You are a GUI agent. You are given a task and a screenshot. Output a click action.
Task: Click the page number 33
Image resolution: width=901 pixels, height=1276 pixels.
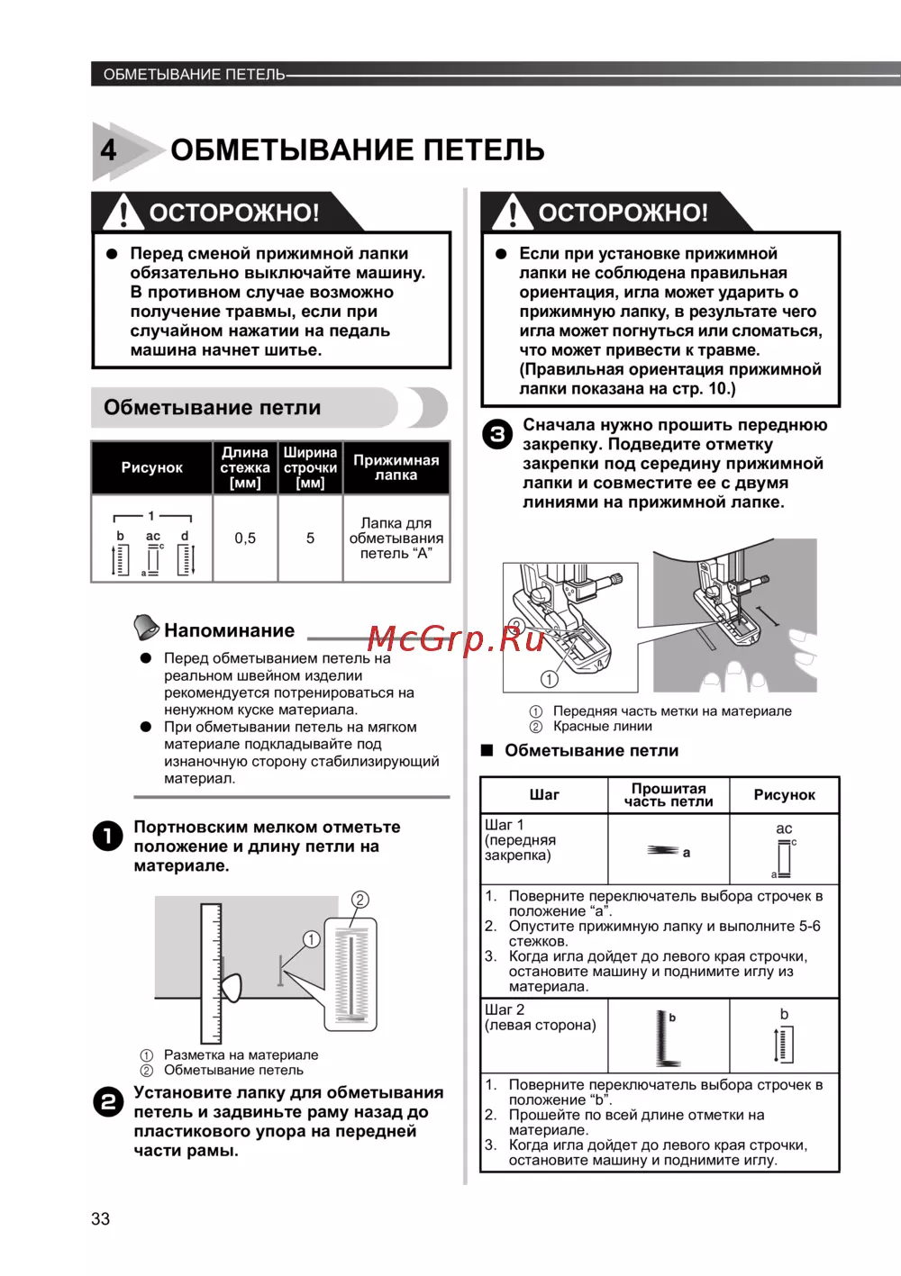pos(100,1218)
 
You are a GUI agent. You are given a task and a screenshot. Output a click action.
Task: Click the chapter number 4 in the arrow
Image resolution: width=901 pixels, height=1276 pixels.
pos(109,149)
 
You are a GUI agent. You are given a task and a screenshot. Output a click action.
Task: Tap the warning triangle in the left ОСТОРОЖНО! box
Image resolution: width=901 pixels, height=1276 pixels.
pos(123,213)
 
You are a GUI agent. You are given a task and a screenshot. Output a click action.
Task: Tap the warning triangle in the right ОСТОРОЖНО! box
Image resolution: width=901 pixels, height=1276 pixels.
pos(513,213)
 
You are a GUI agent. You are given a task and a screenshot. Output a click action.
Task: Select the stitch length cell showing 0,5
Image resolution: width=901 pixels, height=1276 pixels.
pos(245,538)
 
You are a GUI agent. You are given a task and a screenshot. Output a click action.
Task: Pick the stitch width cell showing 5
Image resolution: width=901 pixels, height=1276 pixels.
pos(310,538)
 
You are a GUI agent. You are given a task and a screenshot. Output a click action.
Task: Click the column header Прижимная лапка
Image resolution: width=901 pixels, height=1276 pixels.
pos(396,467)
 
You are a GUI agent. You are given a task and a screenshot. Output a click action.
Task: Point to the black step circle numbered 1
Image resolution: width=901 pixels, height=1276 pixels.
pos(108,837)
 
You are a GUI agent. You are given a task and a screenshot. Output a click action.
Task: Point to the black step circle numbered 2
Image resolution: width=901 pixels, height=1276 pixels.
pos(108,1102)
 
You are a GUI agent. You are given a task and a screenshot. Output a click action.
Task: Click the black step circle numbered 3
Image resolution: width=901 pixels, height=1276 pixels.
pos(497,435)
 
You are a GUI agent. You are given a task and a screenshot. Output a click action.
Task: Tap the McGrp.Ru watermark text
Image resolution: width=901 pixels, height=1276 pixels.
pos(456,638)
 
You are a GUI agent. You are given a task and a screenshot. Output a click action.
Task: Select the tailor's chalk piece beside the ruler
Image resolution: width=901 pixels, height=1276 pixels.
pos(232,988)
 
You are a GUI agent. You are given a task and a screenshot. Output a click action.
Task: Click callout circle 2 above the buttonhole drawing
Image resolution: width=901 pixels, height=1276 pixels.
pos(359,900)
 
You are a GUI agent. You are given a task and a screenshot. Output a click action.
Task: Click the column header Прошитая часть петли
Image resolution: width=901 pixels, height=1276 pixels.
pos(668,794)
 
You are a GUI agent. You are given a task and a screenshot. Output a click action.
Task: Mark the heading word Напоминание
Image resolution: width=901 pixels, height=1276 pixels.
pos(229,631)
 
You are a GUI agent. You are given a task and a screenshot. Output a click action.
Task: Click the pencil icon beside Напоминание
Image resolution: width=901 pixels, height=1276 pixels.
pos(145,627)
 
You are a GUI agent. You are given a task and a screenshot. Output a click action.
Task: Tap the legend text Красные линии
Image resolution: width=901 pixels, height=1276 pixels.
pos(602,727)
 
